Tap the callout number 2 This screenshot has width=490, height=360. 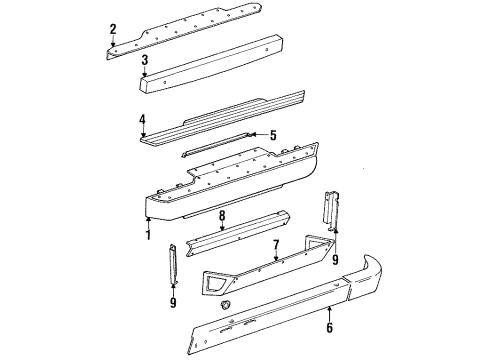coord(113,28)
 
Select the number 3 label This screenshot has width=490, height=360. coord(145,61)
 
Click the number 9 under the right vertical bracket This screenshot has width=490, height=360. coord(334,260)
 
